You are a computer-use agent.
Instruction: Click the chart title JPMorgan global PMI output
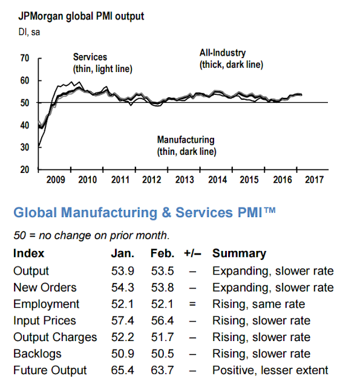pos(81,16)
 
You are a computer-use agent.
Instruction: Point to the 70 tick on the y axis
pos(25,58)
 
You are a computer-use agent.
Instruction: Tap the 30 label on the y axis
pos(25,148)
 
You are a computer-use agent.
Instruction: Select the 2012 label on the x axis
pos(152,180)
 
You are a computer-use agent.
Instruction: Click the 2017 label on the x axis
pos(314,180)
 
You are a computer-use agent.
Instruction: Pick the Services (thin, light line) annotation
pos(102,63)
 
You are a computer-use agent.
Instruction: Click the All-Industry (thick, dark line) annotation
pos(231,59)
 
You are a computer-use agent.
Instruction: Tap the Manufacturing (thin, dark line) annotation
pos(187,146)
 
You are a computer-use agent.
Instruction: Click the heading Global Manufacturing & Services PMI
pos(145,212)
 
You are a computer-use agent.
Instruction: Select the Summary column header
pos(239,253)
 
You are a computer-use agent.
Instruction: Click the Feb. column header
pos(162,253)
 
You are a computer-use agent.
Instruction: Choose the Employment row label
pos(46,304)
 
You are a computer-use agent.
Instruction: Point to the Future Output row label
pos(50,370)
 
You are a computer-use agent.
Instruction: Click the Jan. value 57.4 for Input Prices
pos(122,320)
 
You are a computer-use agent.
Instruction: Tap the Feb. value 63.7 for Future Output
pos(163,370)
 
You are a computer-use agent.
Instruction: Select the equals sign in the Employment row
pos(192,304)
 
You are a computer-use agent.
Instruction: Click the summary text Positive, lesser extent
pos(270,371)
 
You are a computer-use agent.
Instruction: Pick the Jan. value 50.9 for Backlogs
pos(122,354)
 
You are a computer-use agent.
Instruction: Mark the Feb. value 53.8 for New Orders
pos(163,288)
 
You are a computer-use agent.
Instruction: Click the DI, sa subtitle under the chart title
pos(29,32)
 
